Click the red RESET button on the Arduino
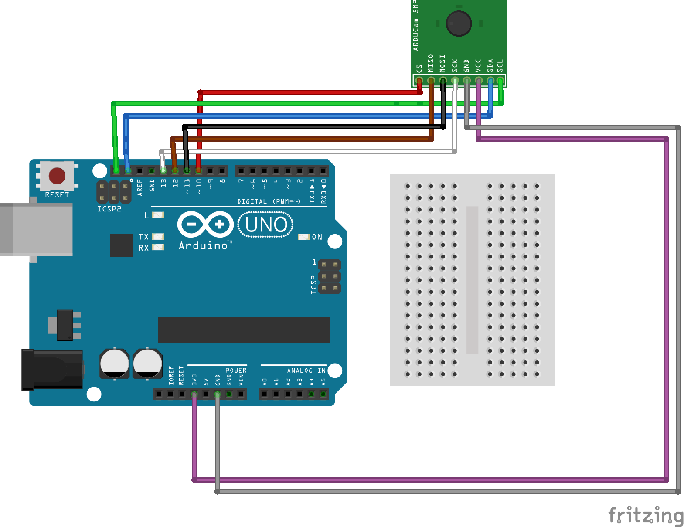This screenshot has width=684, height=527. click(x=57, y=176)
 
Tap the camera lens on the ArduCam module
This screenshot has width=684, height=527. click(x=459, y=24)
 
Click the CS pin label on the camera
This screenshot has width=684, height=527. click(x=419, y=68)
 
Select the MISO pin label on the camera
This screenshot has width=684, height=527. click(x=431, y=63)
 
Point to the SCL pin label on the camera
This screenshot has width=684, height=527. click(x=500, y=66)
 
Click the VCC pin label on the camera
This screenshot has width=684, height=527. click(x=478, y=66)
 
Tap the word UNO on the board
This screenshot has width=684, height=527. click(x=266, y=224)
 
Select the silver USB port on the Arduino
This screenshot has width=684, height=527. click(x=37, y=229)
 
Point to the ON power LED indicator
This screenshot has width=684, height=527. click(x=304, y=237)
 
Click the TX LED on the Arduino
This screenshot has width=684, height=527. click(x=158, y=236)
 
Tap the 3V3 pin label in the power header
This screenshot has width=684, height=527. click(x=194, y=380)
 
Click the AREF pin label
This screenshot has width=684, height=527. click(x=140, y=187)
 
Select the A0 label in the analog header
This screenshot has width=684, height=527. click(x=265, y=382)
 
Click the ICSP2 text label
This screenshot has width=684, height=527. click(x=109, y=209)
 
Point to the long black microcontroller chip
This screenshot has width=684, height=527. click(x=244, y=330)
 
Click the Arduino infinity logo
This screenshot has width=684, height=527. click(x=205, y=224)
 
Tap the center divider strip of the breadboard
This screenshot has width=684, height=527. click(x=472, y=280)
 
